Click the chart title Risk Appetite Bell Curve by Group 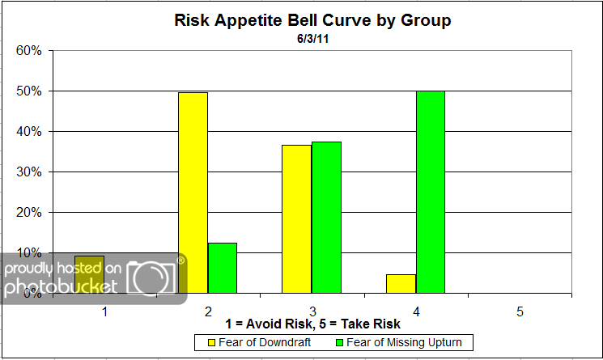pos(312,20)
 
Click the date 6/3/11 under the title pos(312,37)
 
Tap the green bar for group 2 pos(223,268)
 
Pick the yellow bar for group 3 pos(297,218)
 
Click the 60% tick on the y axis pos(29,51)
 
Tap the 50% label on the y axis pos(29,91)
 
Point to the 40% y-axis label pos(29,131)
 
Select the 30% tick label pos(29,172)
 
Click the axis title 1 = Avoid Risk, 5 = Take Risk pos(312,325)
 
